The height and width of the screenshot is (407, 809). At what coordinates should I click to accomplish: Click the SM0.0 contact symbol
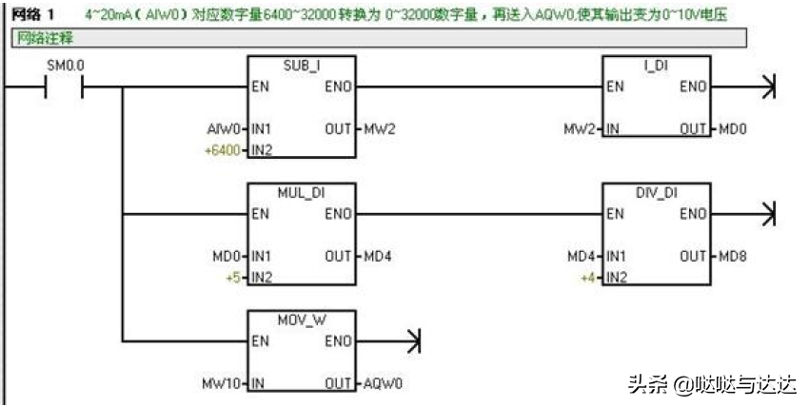coord(65,87)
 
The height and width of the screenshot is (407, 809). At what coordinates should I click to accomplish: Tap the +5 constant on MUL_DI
coord(232,278)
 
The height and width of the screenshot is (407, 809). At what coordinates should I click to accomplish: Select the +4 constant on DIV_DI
coord(588,278)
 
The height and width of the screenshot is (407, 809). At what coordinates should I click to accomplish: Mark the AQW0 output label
coord(383,383)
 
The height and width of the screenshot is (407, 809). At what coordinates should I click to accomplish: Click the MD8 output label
coord(733,257)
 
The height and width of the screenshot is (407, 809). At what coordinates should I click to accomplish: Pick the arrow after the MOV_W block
coord(413,340)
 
